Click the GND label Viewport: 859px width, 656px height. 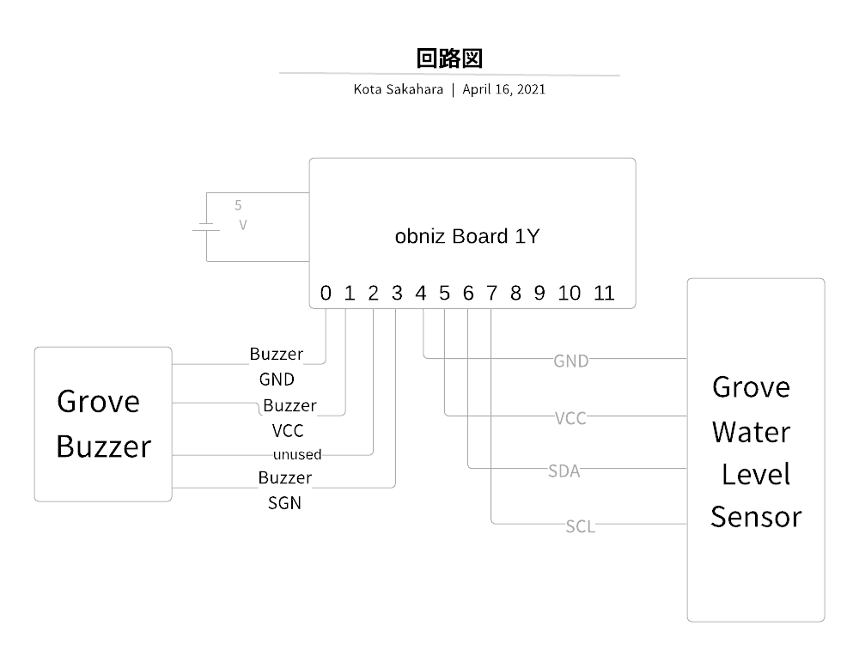point(571,361)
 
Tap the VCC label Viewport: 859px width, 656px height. point(570,418)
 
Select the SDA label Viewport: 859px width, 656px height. point(564,471)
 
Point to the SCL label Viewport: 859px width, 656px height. point(580,526)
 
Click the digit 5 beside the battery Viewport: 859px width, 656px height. point(238,206)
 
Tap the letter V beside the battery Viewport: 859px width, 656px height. point(242,225)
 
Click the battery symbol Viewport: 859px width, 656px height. point(207,228)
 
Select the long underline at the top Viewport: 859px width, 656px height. point(449,75)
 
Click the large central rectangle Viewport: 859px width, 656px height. point(472,232)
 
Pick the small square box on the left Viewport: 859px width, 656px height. point(103,423)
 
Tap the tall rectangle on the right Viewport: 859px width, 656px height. point(756,449)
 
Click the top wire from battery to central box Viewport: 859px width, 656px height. point(258,193)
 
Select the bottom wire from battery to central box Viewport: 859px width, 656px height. point(258,261)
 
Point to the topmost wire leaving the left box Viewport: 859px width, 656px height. point(210,364)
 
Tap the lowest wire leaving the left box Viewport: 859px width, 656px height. point(215,488)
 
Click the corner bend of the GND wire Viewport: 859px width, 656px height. point(425,357)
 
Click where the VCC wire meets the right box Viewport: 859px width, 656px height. point(687,416)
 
